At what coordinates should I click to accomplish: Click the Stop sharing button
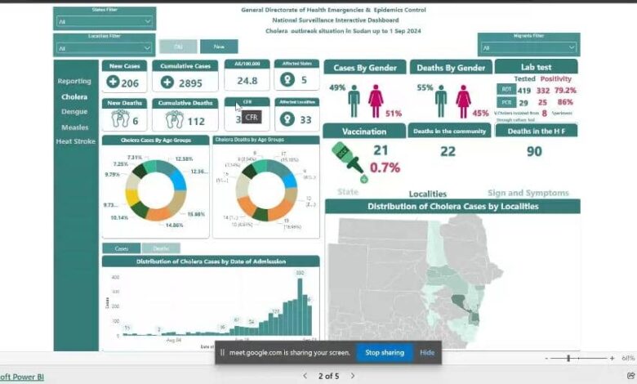384,352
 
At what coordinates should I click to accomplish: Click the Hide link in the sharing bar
427,352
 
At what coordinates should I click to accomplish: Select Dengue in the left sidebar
74,111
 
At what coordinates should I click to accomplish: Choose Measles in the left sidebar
74,127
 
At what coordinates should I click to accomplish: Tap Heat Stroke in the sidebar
75,141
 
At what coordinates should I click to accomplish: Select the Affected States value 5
304,81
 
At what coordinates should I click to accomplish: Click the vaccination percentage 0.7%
385,167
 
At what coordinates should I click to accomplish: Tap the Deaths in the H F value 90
534,150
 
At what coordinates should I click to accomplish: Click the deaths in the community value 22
448,150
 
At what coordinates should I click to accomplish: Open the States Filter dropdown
103,21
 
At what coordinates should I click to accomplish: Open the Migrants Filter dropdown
529,47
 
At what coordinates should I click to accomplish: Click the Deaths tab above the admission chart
161,248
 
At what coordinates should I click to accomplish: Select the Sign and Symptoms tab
528,193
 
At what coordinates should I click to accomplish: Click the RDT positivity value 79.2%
564,91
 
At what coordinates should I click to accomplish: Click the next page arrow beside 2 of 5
353,376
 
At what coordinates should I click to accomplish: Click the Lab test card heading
536,67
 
